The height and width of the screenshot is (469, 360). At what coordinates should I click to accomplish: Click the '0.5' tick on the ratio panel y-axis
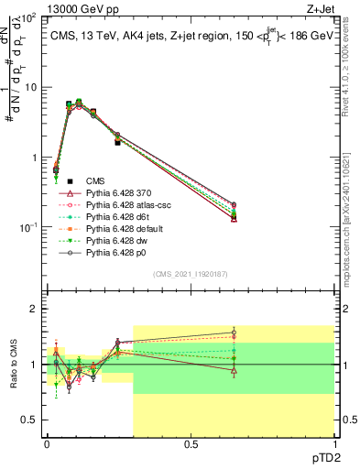tap(30, 420)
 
